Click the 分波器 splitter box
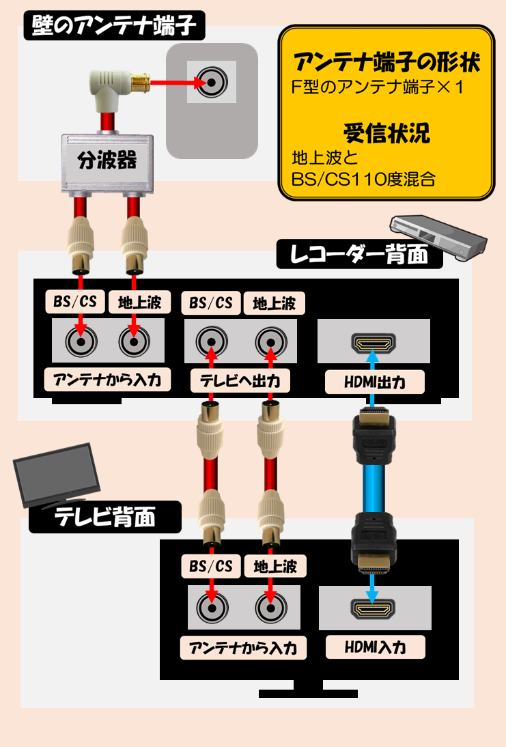point(107,163)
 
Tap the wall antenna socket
point(212,82)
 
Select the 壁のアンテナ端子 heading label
point(114,25)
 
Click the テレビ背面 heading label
point(105,517)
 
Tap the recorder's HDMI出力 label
point(374,382)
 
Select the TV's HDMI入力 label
point(375,647)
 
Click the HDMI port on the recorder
point(374,343)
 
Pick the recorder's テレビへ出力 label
point(240,381)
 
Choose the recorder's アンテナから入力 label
point(107,380)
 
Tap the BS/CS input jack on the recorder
point(81,341)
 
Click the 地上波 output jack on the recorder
point(271,342)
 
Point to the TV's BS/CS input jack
point(212,608)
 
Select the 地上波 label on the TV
point(275,567)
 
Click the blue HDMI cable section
point(374,489)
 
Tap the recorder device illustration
point(438,238)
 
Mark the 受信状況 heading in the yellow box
point(386,133)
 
